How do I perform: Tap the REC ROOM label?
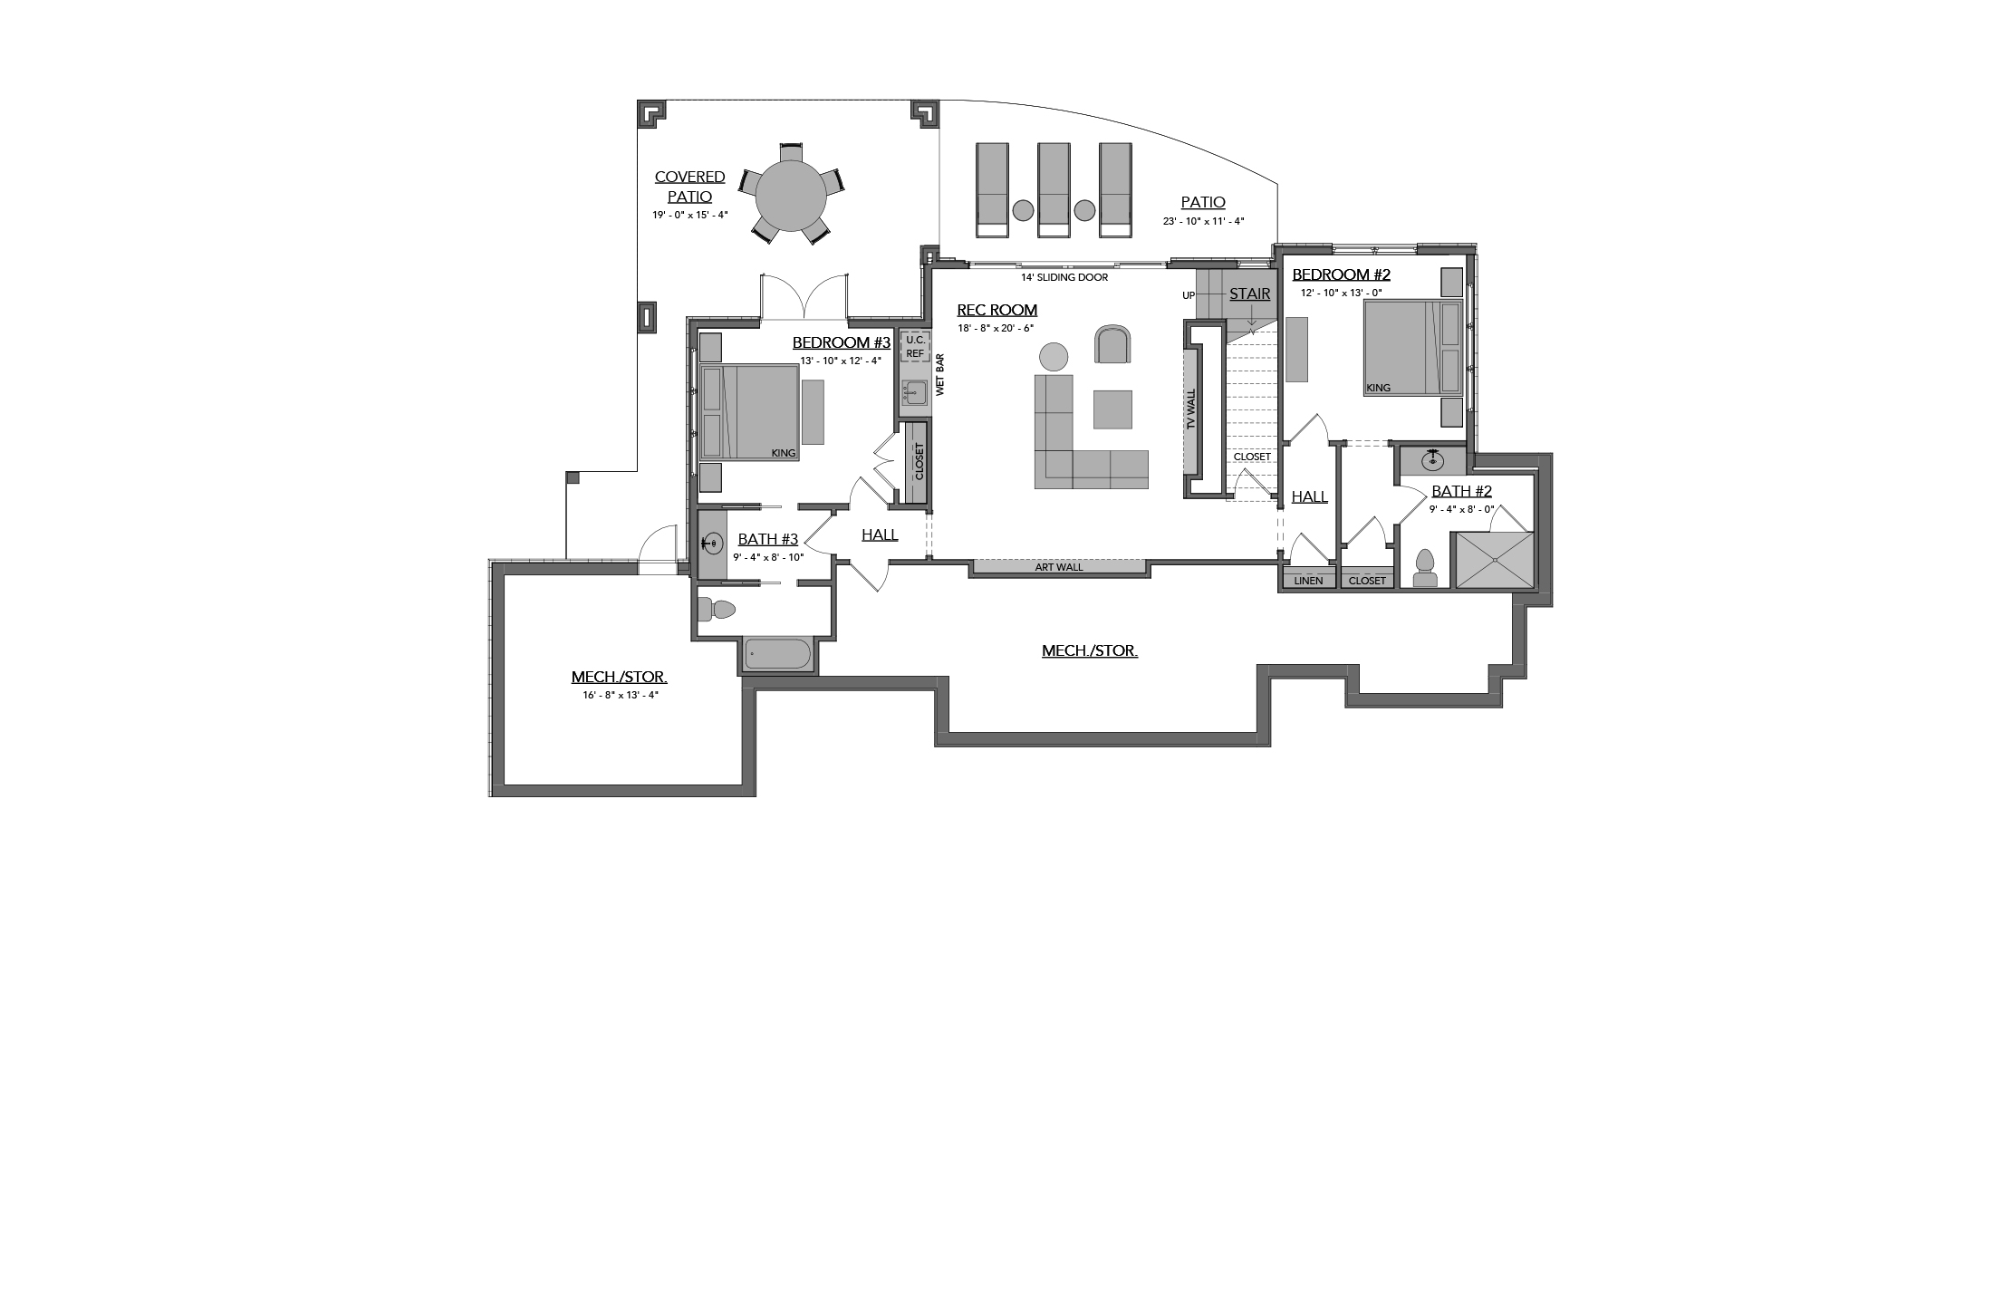[x=996, y=311]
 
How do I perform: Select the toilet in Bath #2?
[x=1426, y=568]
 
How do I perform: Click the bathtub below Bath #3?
[x=779, y=655]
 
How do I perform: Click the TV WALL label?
[x=1191, y=409]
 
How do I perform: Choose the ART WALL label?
[x=1059, y=568]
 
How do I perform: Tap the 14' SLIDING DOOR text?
[x=1064, y=277]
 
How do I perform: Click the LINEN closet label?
[x=1309, y=581]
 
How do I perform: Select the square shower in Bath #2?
[x=1493, y=560]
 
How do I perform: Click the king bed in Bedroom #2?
[x=1413, y=348]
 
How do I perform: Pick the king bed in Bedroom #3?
[x=748, y=412]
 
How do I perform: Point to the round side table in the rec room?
[x=1054, y=356]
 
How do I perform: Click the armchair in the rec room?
[x=1113, y=343]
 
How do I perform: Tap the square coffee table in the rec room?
[x=1112, y=409]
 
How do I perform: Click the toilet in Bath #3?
[x=721, y=610]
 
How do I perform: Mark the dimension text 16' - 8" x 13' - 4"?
[x=621, y=695]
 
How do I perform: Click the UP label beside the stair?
[x=1189, y=295]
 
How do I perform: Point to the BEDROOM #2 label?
[x=1341, y=274]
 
